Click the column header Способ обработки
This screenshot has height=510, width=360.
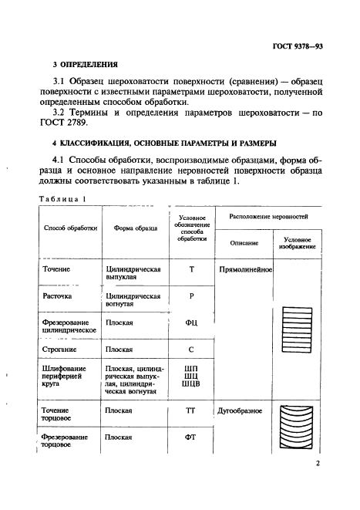70,228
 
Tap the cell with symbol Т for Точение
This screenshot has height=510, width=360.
190,270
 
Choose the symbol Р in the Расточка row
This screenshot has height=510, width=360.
190,296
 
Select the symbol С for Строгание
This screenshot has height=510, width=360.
190,350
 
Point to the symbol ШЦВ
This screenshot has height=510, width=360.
190,384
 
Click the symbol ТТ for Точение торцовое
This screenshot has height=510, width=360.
190,411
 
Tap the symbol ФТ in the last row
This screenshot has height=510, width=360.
190,437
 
